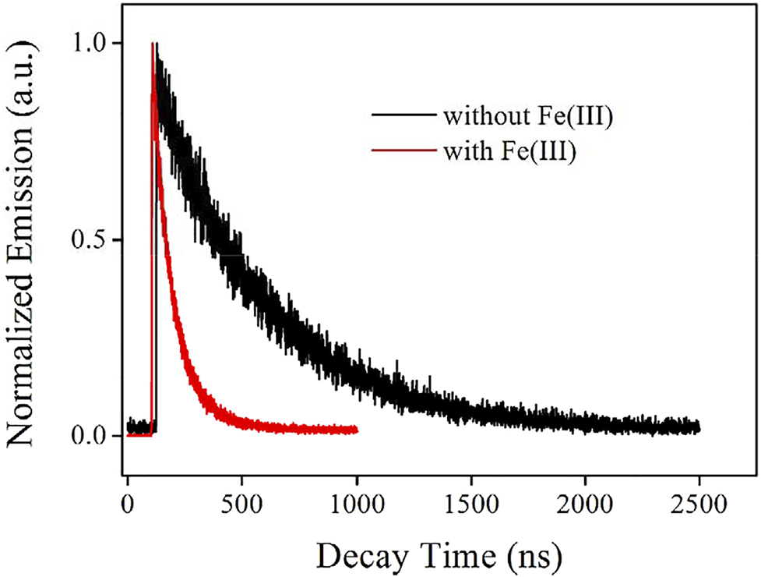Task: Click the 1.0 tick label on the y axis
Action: pyautogui.click(x=91, y=44)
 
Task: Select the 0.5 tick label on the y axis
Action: pyautogui.click(x=91, y=240)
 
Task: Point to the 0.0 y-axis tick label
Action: pyautogui.click(x=91, y=436)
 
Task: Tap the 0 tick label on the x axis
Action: pyautogui.click(x=128, y=504)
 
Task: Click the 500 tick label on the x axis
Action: pyautogui.click(x=241, y=504)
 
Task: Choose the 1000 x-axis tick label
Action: pyautogui.click(x=356, y=504)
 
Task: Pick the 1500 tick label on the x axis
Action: pyautogui.click(x=470, y=504)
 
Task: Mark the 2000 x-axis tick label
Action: pyautogui.click(x=585, y=504)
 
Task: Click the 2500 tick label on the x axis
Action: pyautogui.click(x=699, y=504)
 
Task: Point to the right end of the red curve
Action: pyautogui.click(x=356, y=430)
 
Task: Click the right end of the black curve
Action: pyautogui.click(x=699, y=428)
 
